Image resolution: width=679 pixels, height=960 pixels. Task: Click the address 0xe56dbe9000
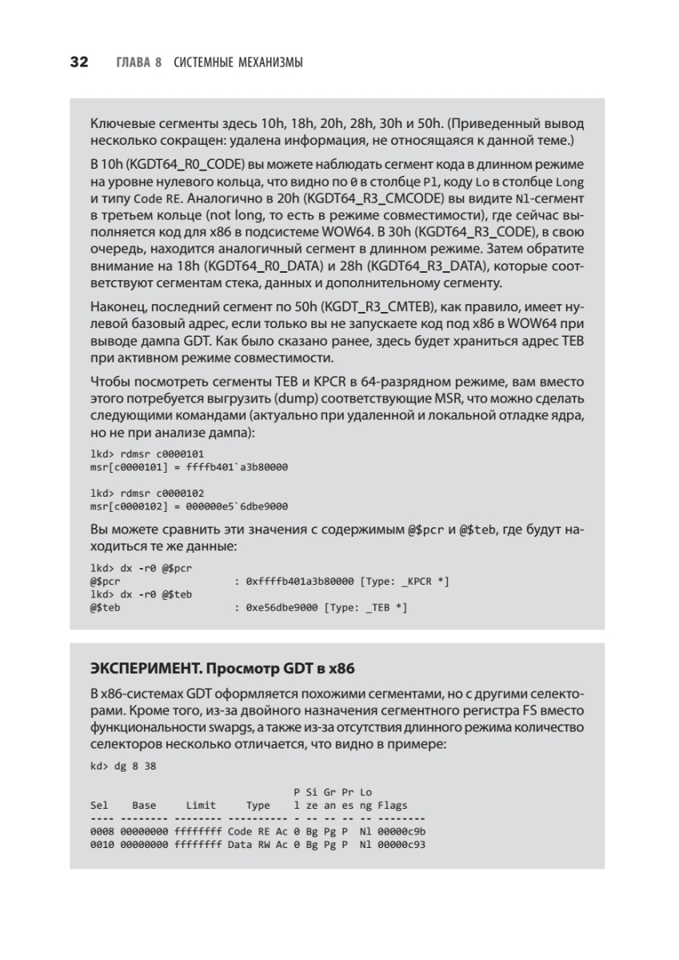pos(282,608)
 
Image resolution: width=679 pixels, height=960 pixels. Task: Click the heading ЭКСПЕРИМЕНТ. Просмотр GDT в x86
pos(221,666)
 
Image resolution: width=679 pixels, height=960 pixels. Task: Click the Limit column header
pos(201,806)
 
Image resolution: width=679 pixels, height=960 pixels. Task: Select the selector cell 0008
pos(102,832)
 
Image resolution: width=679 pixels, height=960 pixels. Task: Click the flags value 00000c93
pos(405,845)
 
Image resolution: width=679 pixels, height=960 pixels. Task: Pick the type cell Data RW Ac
pos(257,845)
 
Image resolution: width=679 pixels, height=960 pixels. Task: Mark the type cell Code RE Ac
pos(257,832)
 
